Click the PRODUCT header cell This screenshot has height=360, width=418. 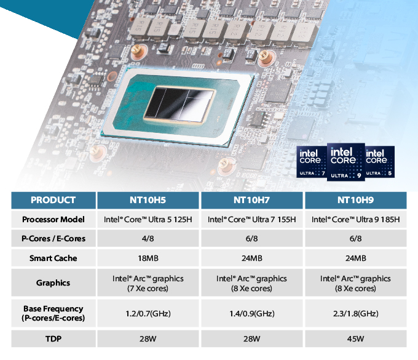click(x=53, y=200)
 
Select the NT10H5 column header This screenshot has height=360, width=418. click(x=148, y=200)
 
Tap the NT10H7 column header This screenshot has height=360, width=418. click(x=252, y=200)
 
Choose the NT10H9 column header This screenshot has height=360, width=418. click(x=356, y=200)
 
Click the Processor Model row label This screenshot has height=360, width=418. click(x=53, y=220)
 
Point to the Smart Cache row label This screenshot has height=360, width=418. click(x=53, y=258)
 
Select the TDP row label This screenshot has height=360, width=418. click(x=53, y=338)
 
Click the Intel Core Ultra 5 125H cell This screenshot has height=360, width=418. click(x=148, y=220)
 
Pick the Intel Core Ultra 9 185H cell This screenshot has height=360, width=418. click(x=356, y=220)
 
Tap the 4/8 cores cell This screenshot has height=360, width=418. click(x=148, y=239)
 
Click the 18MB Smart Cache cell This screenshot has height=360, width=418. click(x=148, y=258)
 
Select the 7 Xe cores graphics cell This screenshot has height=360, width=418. click(x=148, y=283)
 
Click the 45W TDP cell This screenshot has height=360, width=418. click(x=356, y=338)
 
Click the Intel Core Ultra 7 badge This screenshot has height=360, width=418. click(x=311, y=161)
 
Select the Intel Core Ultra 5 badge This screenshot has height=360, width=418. click(x=379, y=161)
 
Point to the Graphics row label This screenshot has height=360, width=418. click(x=53, y=283)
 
